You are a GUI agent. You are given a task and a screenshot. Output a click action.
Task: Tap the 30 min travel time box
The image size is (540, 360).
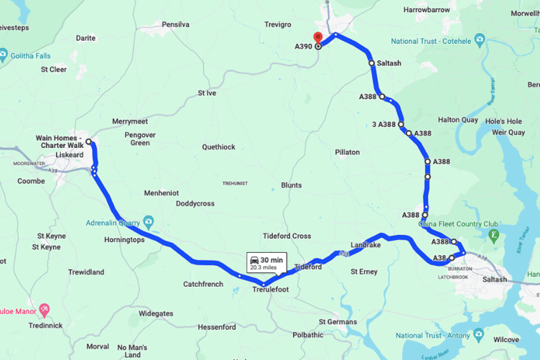263,262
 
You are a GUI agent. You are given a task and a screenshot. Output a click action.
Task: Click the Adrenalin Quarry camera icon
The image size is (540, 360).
148,221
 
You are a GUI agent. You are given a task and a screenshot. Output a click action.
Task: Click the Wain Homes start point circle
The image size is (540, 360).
89,142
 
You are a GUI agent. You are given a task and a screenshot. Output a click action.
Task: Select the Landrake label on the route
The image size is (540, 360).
366,245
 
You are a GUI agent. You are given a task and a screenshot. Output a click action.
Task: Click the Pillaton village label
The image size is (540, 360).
347,152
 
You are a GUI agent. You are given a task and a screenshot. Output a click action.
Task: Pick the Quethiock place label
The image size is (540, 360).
218,147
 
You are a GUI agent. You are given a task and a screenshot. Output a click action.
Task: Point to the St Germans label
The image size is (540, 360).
337,321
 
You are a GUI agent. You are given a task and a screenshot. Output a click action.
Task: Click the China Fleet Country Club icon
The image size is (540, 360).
493,234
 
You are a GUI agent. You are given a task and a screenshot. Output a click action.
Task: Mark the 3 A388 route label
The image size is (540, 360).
384,124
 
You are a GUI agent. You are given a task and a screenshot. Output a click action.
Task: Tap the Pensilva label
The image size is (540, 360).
175,24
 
